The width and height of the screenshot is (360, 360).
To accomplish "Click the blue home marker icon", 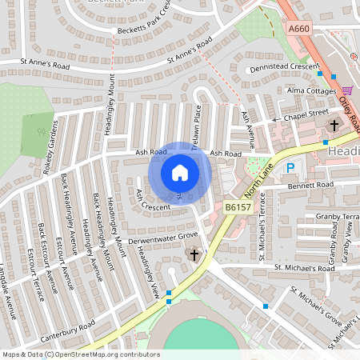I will tap(180, 173).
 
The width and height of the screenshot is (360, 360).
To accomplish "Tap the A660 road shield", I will tap(298, 29).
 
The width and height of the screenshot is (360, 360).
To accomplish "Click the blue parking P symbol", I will tap(291, 169).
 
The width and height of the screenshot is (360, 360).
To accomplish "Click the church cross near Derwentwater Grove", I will tap(194, 255).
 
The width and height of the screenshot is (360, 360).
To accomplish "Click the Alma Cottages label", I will tap(311, 90).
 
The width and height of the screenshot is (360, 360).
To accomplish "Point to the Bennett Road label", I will tap(310, 185).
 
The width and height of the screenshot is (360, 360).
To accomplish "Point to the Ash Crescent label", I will tap(152, 201).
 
